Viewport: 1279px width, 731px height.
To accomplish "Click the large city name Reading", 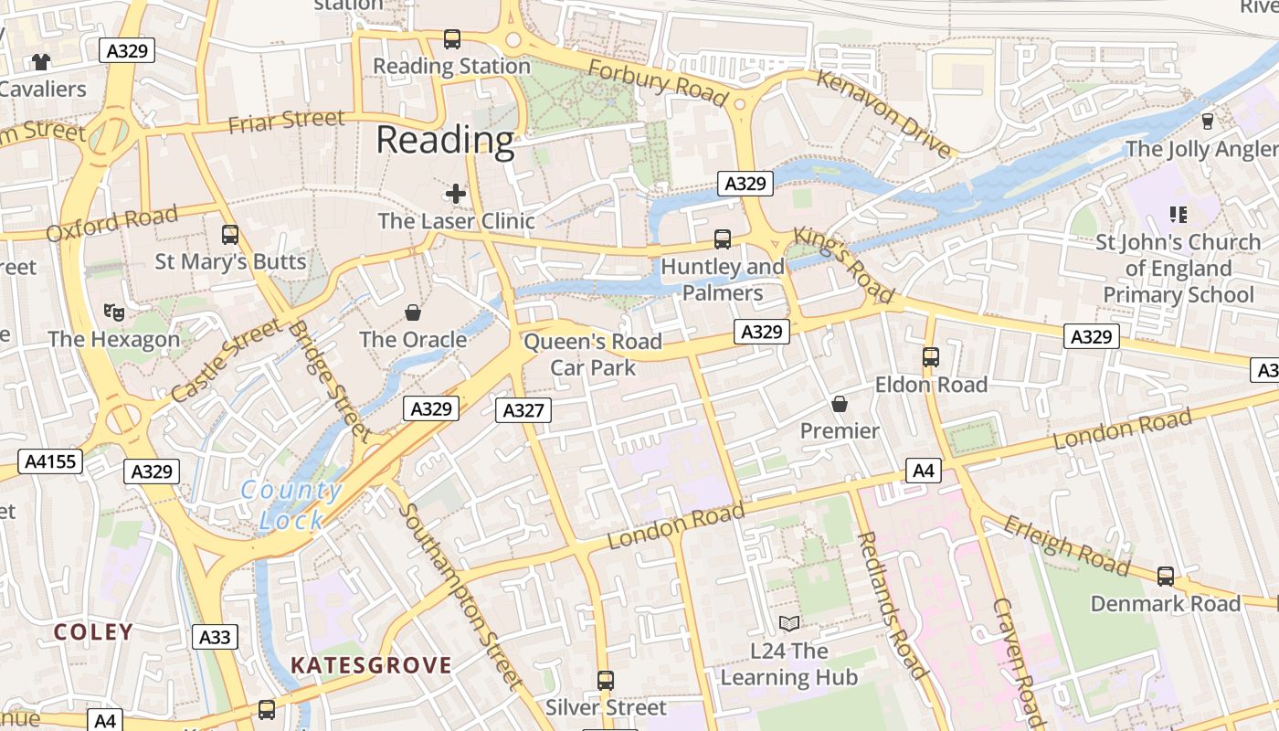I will coord(445,140).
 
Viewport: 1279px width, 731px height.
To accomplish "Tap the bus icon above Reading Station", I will coord(452,39).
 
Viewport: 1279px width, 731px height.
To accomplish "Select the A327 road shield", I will coord(523,410).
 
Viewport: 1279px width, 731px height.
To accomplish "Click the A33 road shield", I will coord(215,637).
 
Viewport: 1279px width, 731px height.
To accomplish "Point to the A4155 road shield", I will coord(50,461).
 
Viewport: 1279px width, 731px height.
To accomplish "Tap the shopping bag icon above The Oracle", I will coord(413,313).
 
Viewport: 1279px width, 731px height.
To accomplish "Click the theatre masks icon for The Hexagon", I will coord(114,313).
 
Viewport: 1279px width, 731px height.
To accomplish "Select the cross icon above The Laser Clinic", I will coord(456,194).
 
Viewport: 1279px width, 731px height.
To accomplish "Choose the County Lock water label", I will coord(291,505).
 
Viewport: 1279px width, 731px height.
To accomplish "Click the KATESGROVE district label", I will coord(371,665).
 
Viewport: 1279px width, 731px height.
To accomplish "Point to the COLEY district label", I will coord(93,631).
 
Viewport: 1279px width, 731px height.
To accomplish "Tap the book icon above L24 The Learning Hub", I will coord(789,624).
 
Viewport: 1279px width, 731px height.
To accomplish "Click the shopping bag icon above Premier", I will coord(840,404).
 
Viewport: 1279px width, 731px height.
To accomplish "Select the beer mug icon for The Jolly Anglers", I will coord(1208,122).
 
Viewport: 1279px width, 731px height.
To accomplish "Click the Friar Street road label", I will coord(286,121).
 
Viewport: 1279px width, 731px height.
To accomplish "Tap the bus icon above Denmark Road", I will coord(1166,577).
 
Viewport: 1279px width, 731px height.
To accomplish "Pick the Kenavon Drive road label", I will coord(883,113).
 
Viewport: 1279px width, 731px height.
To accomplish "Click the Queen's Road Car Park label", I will coord(593,355).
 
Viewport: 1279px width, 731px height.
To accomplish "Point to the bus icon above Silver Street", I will coord(606,681).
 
